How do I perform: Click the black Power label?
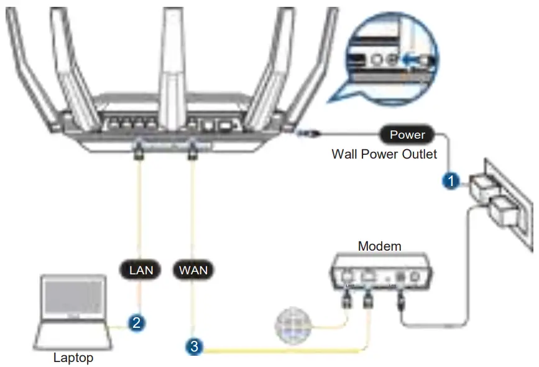[x=407, y=134]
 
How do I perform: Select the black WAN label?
[x=193, y=270]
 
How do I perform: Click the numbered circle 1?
[x=450, y=181]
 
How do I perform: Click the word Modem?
[x=379, y=246]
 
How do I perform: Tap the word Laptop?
[x=74, y=358]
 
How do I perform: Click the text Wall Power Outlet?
[x=384, y=154]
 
